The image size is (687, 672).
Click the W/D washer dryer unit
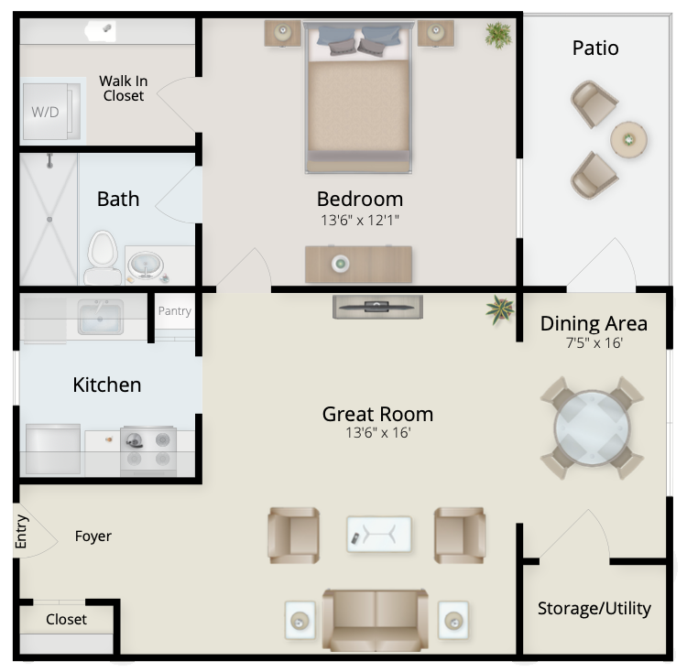coord(52,112)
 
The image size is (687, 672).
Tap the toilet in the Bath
coord(103,257)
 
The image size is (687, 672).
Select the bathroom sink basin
coord(146,265)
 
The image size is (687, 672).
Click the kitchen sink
coord(101,317)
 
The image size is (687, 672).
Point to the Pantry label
coord(174,311)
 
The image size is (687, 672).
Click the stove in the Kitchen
coord(148,451)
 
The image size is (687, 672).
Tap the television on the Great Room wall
coord(377,307)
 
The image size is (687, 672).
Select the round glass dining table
coord(592,428)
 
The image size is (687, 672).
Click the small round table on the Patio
coord(628,140)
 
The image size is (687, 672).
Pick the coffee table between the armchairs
coord(379,534)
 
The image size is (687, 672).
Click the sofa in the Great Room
coord(376,620)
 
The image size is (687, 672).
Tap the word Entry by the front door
coord(21,532)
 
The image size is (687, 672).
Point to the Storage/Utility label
coord(594,609)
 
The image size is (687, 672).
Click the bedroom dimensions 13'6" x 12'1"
coord(360,220)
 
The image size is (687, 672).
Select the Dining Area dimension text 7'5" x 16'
coord(594,342)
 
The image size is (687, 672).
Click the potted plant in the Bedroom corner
coord(498,35)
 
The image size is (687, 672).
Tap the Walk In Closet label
coord(124,89)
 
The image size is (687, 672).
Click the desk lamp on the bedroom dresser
coord(340,264)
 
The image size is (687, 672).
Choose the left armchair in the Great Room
coord(293,535)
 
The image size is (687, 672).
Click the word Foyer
coord(93,537)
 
